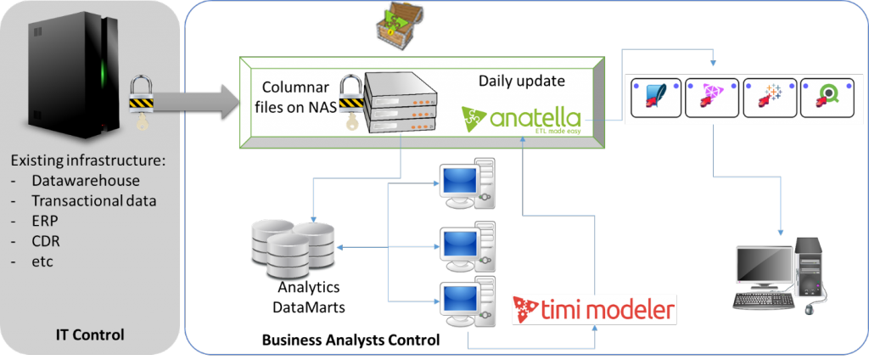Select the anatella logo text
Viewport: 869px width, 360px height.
point(522,116)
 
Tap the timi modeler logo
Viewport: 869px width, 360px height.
point(594,308)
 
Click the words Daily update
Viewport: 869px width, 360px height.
point(521,82)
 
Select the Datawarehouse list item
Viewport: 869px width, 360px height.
point(85,180)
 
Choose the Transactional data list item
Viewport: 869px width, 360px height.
point(93,200)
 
